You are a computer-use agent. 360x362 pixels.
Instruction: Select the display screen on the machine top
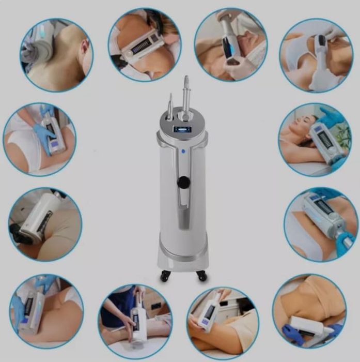[182, 129]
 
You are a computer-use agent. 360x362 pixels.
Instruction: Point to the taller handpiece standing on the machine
[185, 93]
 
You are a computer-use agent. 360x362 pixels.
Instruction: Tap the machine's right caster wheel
[200, 276]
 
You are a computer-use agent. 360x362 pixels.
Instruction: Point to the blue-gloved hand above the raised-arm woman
[331, 117]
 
